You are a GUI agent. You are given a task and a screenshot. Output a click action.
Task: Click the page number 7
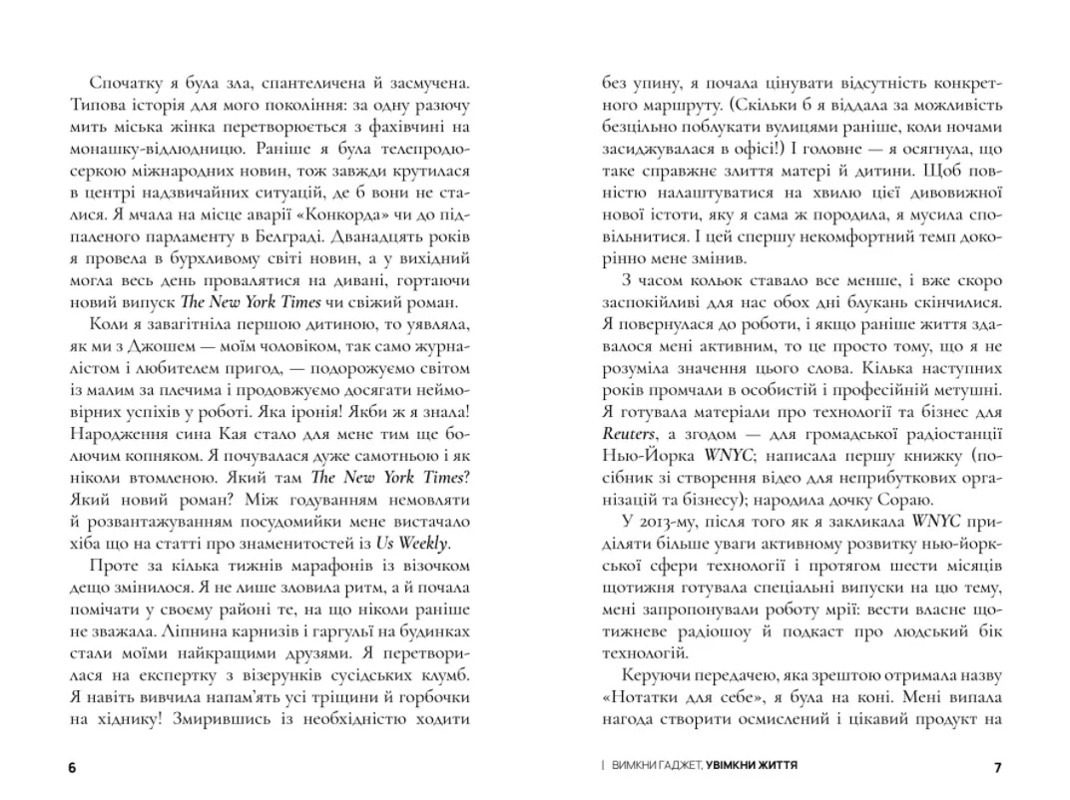coord(997,768)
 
